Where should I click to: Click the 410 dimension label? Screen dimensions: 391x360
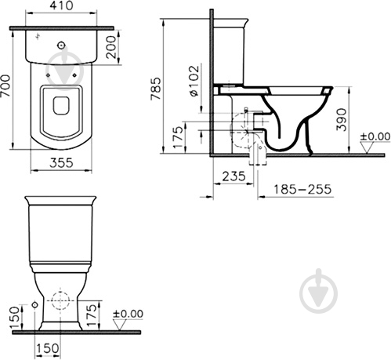pyautogui.click(x=62, y=5)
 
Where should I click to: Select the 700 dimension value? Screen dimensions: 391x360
pyautogui.click(x=5, y=85)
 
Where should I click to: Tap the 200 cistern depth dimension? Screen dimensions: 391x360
pyautogui.click(x=110, y=47)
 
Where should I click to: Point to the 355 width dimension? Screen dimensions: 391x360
pyautogui.click(x=61, y=163)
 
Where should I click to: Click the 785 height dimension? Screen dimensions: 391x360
pyautogui.click(x=156, y=89)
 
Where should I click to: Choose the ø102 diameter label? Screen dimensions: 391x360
pyautogui.click(x=194, y=81)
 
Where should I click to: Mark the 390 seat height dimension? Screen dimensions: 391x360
pyautogui.click(x=342, y=120)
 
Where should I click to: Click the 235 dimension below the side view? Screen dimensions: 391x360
pyautogui.click(x=234, y=176)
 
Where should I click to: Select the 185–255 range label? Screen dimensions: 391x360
pyautogui.click(x=302, y=189)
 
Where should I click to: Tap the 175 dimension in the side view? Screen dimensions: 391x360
pyautogui.click(x=179, y=137)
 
